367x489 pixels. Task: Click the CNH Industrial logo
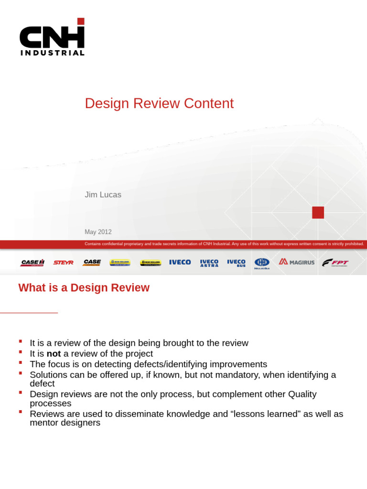[52, 38]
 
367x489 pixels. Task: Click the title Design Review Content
[159, 104]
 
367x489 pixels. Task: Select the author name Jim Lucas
[103, 195]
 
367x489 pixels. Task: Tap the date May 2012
[98, 232]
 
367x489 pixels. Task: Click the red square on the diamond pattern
[318, 213]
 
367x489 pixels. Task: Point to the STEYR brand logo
[63, 263]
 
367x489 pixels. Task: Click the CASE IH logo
[32, 263]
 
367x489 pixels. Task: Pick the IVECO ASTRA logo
[209, 263]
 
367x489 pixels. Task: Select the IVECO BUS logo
[236, 263]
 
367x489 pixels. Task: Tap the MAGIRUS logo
[297, 262]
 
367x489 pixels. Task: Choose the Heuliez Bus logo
[262, 263]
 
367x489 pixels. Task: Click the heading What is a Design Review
[84, 288]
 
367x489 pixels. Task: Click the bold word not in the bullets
[54, 354]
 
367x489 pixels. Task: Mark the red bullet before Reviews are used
[21, 412]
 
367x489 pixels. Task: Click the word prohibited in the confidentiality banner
[352, 244]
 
